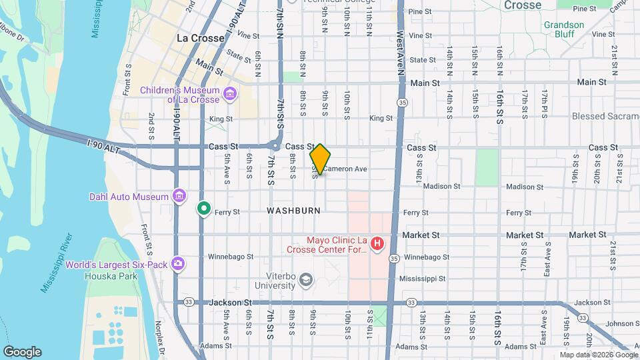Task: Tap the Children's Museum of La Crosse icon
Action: pyautogui.click(x=230, y=94)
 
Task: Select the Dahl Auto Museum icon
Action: pyautogui.click(x=179, y=197)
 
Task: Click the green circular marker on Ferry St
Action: pyautogui.click(x=204, y=209)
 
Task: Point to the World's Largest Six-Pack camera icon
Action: pyautogui.click(x=178, y=263)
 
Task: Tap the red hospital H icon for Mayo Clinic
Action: pyautogui.click(x=377, y=244)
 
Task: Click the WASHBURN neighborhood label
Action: pyautogui.click(x=293, y=211)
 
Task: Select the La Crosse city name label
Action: pyautogui.click(x=200, y=39)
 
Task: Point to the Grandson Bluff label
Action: pyautogui.click(x=563, y=30)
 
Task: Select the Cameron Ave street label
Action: pyautogui.click(x=345, y=169)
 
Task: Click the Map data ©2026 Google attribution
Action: pyautogui.click(x=599, y=355)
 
